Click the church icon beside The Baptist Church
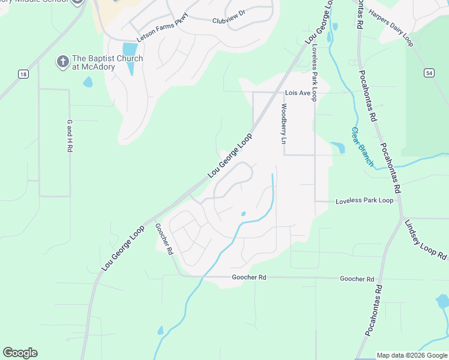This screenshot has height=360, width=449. point(62,61)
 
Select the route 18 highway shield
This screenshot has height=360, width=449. point(23,74)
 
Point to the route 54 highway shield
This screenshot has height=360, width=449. point(428,73)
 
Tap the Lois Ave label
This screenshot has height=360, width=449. point(297,93)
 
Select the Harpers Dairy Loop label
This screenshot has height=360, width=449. point(391,28)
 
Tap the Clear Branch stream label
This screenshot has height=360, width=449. point(362,146)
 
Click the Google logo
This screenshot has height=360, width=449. point(20,353)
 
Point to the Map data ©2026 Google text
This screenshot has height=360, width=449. point(412,355)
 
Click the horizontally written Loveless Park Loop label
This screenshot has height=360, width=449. point(364,200)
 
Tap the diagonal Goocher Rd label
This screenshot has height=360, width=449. point(163,239)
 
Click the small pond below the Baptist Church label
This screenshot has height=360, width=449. point(88,82)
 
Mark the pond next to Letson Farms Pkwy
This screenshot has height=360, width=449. point(129,54)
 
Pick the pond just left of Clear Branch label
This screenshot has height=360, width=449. point(337,147)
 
